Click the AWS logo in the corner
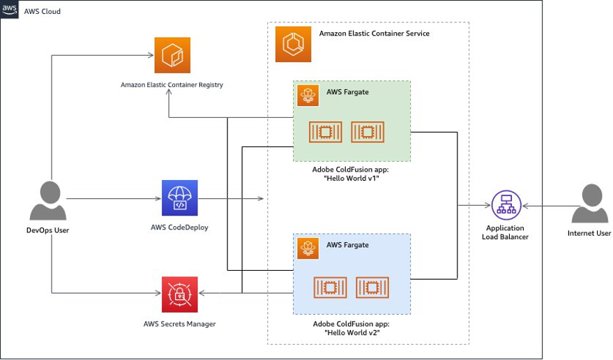click(x=10, y=10)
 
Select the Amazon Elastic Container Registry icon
click(x=172, y=56)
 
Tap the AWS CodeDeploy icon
click(x=179, y=198)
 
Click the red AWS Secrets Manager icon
click(x=179, y=294)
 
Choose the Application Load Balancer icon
click(x=506, y=205)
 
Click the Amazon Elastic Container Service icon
click(x=293, y=43)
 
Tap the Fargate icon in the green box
click(x=308, y=96)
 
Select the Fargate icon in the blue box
click(x=308, y=248)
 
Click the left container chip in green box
click(x=326, y=131)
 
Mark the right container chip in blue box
click(x=372, y=287)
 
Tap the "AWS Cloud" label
click(x=43, y=11)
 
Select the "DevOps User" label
click(x=49, y=230)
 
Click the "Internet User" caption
click(x=589, y=233)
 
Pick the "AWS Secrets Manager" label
click(x=179, y=324)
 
